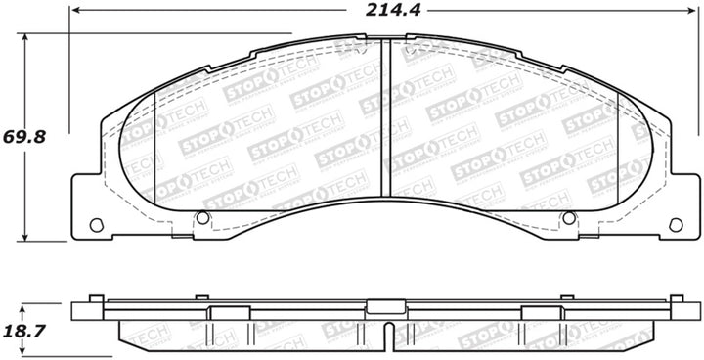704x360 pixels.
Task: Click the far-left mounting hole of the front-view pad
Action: point(96,224)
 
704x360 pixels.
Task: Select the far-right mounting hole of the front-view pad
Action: point(673,224)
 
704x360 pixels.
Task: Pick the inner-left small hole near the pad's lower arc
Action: point(202,217)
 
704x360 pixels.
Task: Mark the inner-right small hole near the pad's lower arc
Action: point(567,217)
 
